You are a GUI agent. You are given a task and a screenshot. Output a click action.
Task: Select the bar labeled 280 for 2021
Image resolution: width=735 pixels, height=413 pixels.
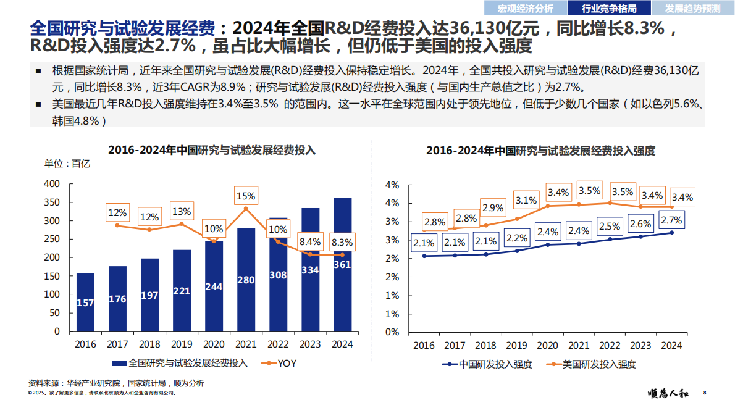246,279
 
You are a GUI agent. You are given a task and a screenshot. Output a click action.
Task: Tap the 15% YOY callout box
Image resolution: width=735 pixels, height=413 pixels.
246,196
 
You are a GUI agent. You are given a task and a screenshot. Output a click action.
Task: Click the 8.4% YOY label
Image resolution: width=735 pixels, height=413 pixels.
309,241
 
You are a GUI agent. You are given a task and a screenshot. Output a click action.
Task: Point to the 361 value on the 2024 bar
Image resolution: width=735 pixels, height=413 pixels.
342,265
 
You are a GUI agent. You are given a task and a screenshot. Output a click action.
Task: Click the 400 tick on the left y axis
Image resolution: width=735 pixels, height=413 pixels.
52,184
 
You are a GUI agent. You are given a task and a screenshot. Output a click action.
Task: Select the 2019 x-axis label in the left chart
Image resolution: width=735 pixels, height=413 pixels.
182,344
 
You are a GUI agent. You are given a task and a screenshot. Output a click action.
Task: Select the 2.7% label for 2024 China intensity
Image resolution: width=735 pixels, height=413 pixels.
671,220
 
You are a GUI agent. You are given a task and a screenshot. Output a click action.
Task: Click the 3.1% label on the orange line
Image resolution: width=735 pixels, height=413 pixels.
526,201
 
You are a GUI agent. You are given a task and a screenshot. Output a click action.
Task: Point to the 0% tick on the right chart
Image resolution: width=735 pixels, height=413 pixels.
392,332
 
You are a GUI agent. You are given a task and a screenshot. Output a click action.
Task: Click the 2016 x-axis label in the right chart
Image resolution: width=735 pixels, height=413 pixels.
424,346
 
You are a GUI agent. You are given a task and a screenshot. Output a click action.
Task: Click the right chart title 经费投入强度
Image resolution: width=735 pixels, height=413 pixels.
540,150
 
